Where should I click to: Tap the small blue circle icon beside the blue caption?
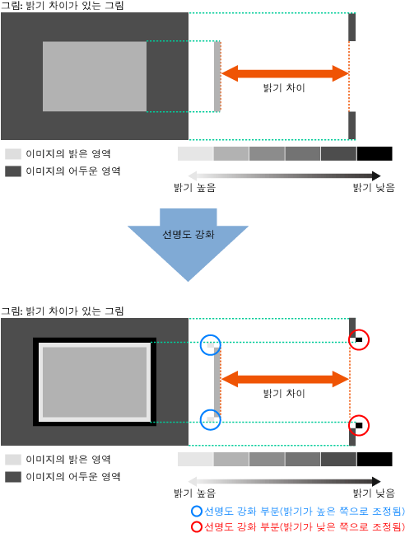[x=197, y=512]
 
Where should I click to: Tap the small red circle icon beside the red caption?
[x=197, y=526]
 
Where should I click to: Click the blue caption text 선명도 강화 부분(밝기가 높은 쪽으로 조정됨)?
[x=304, y=512]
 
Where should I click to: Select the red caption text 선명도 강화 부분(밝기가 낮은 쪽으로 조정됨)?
[x=304, y=526]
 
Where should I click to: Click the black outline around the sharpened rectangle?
[x=35, y=381]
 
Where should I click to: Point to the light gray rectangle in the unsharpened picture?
[x=95, y=77]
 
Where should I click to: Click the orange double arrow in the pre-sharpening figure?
[x=285, y=73]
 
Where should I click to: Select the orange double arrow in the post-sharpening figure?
[x=285, y=379]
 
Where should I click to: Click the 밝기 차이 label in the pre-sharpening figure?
[x=284, y=87]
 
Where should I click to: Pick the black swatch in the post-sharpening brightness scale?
[x=375, y=459]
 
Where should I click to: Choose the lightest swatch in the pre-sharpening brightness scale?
[x=196, y=154]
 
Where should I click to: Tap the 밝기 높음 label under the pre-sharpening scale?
[x=195, y=187]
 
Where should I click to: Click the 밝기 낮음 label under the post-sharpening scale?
[x=374, y=493]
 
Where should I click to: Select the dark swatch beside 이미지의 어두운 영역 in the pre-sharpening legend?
[x=13, y=171]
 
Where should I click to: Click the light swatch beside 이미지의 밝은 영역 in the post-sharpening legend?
[x=13, y=459]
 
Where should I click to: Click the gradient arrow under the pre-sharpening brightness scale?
[x=284, y=175]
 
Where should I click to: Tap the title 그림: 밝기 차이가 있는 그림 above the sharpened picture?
[x=63, y=311]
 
